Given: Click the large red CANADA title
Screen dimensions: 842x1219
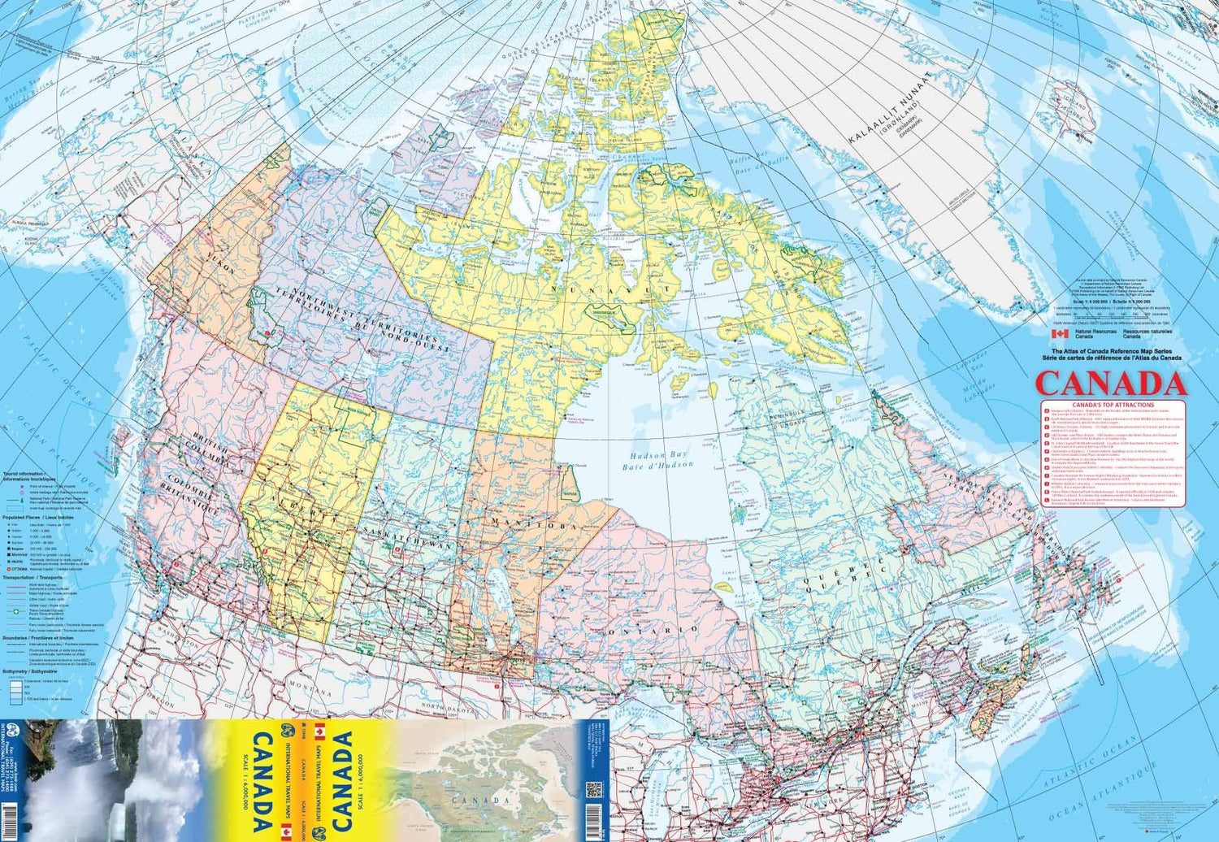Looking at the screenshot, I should (1110, 383).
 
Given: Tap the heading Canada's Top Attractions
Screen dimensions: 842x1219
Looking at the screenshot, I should (1113, 405).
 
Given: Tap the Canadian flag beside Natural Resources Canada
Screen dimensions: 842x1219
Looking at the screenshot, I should (1059, 333).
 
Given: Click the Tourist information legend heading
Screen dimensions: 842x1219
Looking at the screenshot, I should (29, 474).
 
